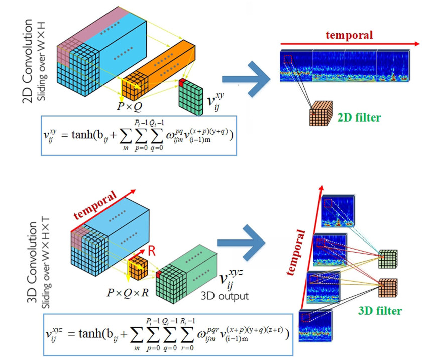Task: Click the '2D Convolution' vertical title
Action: point(29,61)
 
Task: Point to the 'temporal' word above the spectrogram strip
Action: point(350,35)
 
